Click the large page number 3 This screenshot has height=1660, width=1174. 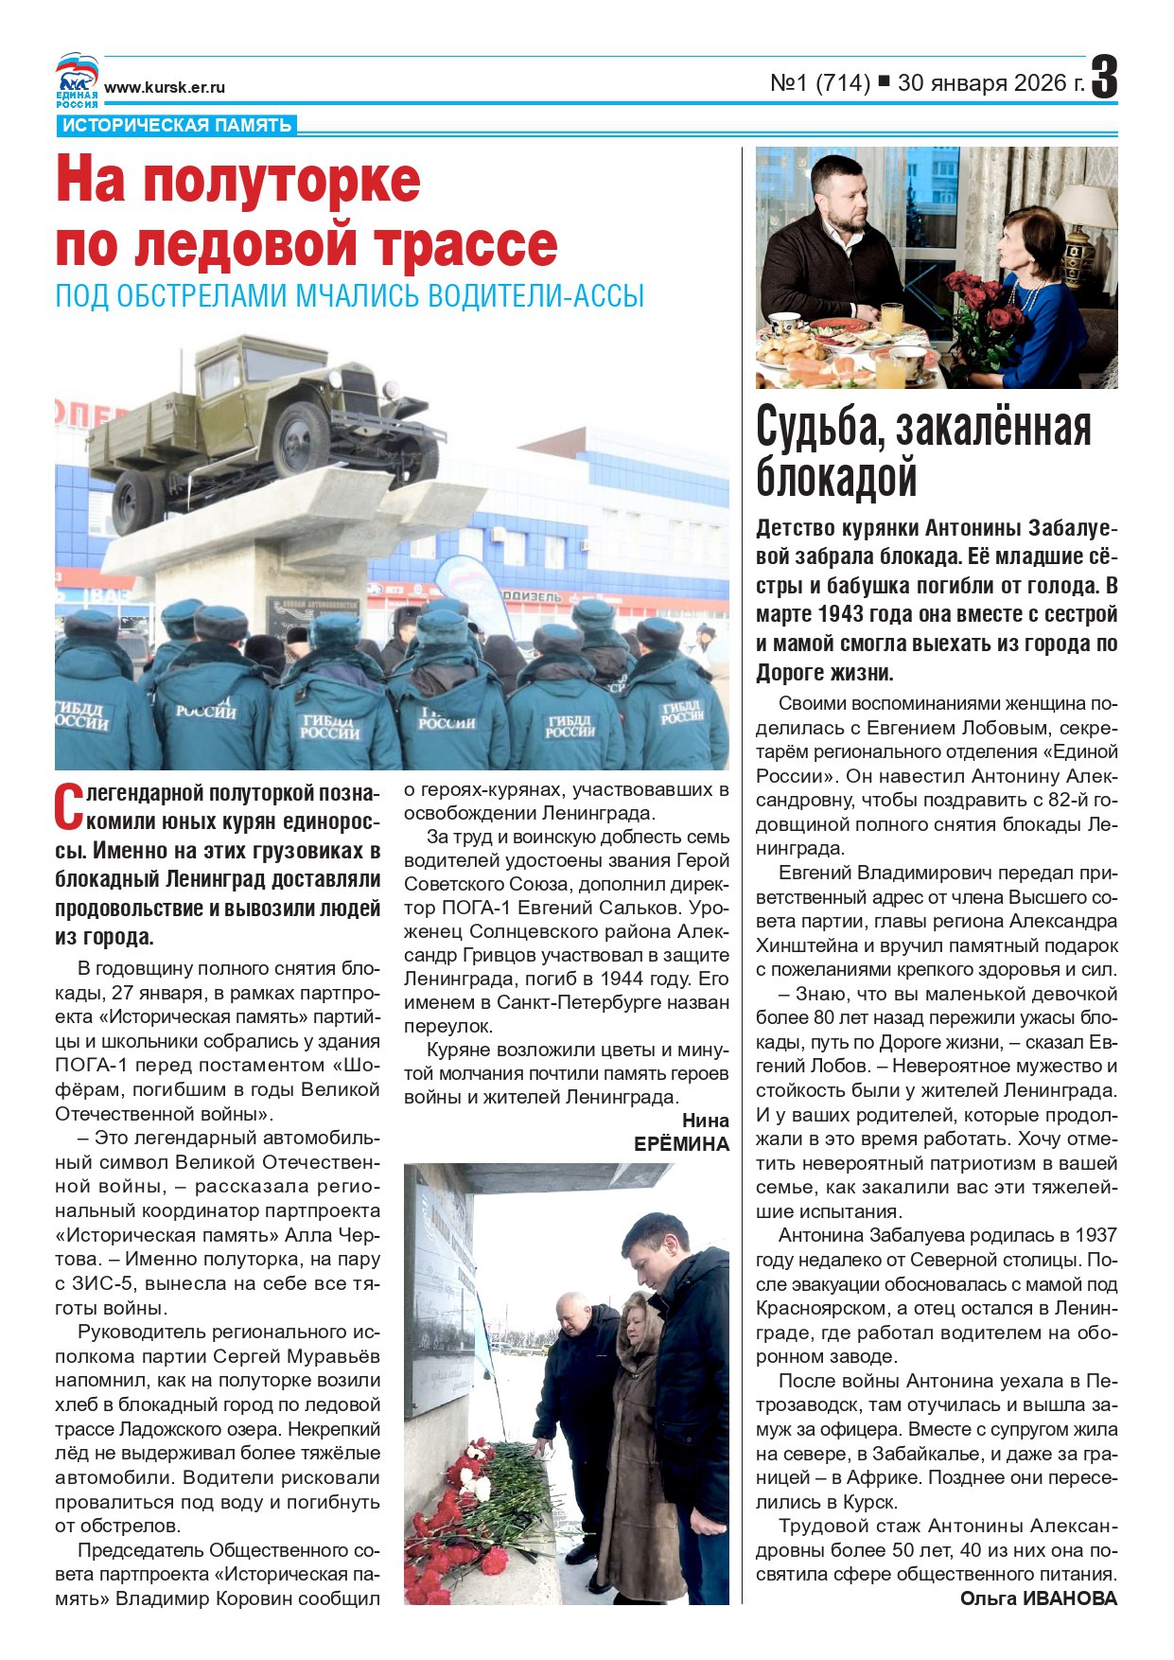1104,78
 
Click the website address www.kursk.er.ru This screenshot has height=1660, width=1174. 165,88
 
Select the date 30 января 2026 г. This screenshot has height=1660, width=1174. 990,83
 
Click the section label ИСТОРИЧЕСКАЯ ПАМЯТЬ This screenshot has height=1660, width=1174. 177,126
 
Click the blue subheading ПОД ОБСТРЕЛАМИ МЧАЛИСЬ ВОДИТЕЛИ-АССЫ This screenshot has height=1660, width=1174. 349,296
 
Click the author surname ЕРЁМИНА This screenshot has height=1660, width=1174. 681,1144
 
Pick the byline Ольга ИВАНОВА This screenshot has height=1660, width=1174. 1038,1598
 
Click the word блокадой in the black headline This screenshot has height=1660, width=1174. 836,477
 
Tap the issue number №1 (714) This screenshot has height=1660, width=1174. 820,83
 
